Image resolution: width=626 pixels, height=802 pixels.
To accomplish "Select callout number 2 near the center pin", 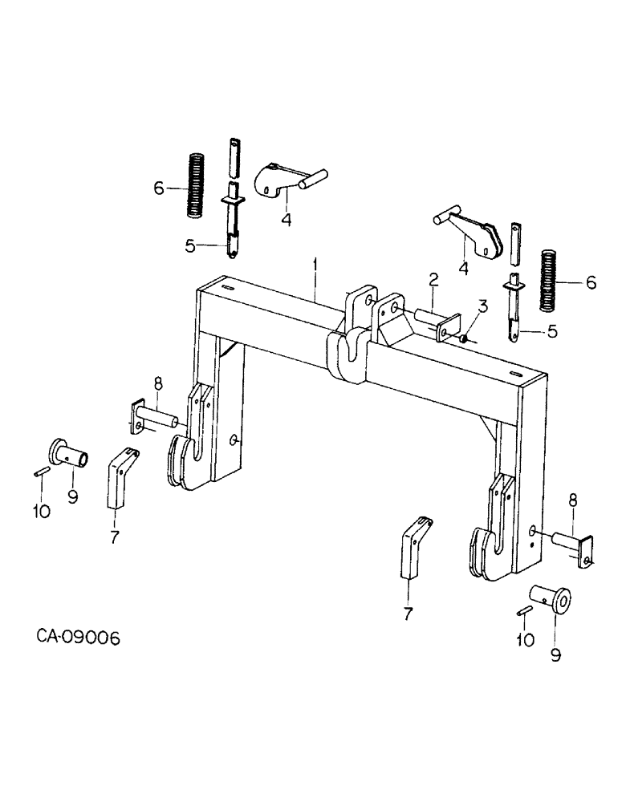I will tap(433, 280).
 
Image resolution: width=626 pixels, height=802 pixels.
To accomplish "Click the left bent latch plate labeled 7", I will tap(119, 479).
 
